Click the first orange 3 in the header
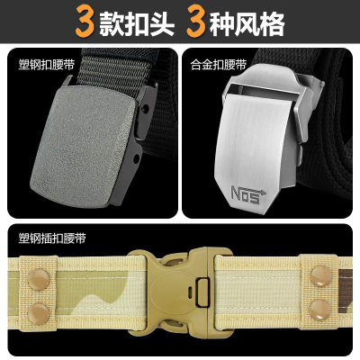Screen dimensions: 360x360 click(85, 21)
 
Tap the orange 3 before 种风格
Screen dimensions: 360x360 click(196, 21)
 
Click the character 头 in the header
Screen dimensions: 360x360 click(162, 23)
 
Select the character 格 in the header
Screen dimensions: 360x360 click(272, 23)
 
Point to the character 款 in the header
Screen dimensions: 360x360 click(112, 23)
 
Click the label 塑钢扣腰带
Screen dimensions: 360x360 click(46, 64)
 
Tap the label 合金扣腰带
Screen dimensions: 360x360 click(219, 64)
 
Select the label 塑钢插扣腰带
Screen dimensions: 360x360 click(52, 238)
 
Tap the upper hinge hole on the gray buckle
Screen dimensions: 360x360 click(146, 108)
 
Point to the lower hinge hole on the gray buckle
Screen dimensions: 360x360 click(137, 158)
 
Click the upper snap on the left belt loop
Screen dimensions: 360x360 click(39, 280)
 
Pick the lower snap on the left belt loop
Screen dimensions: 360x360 click(39, 314)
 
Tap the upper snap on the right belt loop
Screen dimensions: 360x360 click(321, 276)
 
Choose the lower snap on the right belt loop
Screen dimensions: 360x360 click(319, 310)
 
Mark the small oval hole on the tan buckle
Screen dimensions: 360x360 click(190, 291)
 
